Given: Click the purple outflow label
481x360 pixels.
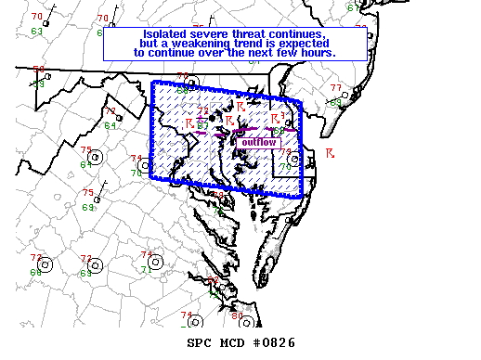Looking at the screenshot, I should [256, 143].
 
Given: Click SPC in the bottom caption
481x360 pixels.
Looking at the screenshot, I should [201, 343].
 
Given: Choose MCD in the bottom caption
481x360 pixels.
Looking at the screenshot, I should [236, 343].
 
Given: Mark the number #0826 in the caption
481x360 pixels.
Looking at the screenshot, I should [277, 343].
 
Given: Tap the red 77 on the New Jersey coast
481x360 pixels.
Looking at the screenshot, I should [335, 88].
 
